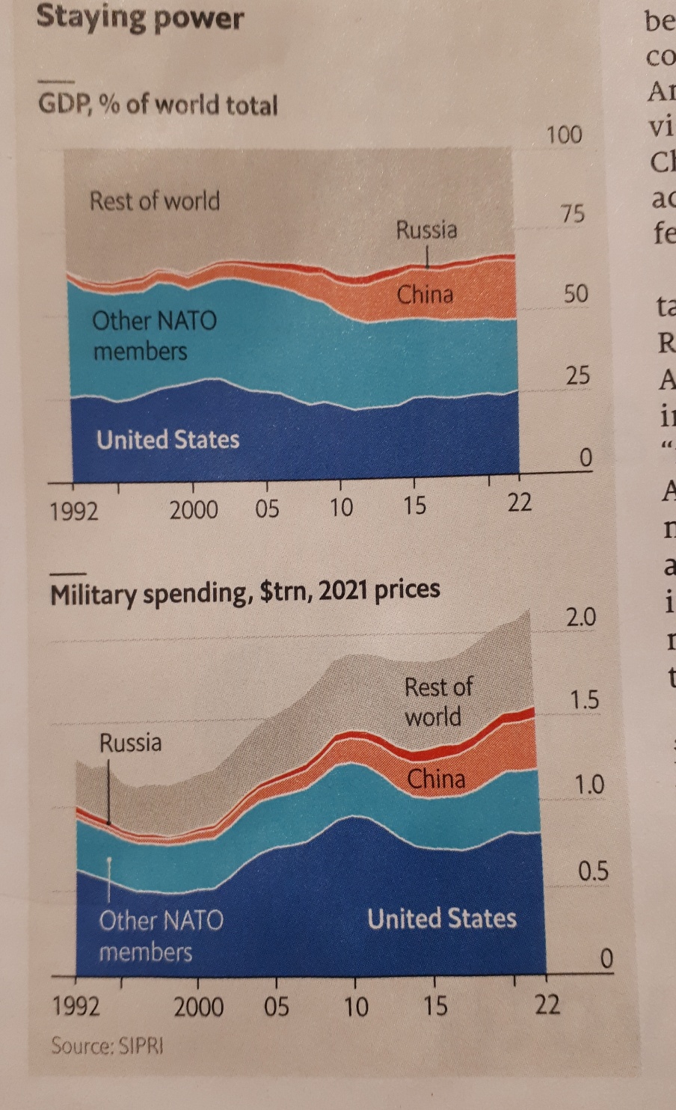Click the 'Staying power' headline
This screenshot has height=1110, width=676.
(140, 17)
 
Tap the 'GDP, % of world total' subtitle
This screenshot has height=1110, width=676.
(158, 104)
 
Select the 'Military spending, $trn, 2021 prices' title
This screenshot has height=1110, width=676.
(245, 592)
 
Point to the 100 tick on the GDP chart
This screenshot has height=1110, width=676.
(564, 135)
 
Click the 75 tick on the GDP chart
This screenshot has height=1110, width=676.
(572, 213)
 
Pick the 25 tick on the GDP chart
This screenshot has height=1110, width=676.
(577, 374)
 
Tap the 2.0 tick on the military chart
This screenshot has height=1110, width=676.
(580, 618)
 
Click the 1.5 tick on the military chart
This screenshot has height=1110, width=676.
(584, 700)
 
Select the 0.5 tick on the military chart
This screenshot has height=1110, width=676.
(593, 871)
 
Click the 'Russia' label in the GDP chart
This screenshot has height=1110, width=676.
(426, 229)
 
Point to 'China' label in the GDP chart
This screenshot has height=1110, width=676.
(425, 294)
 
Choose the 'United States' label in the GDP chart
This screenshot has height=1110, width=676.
(168, 439)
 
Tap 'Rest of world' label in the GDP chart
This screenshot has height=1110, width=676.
(154, 200)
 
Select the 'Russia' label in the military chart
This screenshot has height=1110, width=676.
(130, 743)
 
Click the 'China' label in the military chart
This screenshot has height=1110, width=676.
(436, 779)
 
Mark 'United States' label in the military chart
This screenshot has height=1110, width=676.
(441, 918)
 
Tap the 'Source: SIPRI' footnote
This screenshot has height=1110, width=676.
(106, 1045)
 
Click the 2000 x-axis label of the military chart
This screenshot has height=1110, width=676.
(198, 1007)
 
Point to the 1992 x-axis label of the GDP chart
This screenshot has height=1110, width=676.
(73, 511)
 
